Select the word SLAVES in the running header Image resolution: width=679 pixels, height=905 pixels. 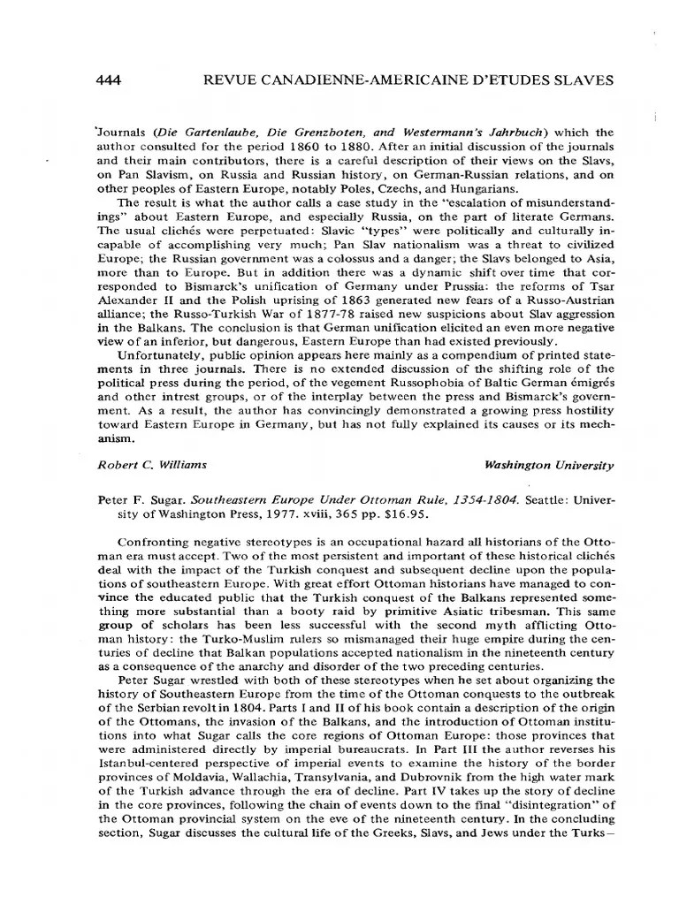578,80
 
